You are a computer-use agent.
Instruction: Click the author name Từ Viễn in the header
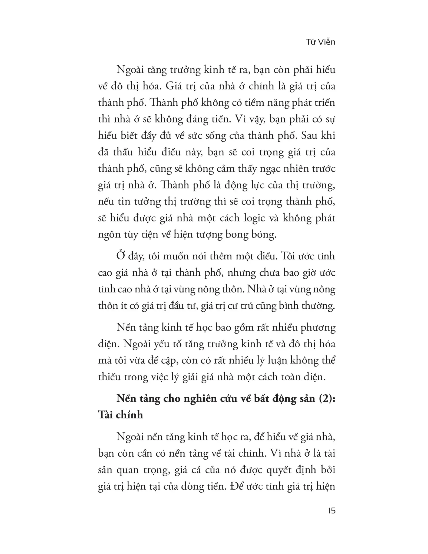[320, 42]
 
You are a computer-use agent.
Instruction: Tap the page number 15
[331, 511]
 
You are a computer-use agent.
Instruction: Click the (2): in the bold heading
[327, 399]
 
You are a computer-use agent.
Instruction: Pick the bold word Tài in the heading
[105, 415]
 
